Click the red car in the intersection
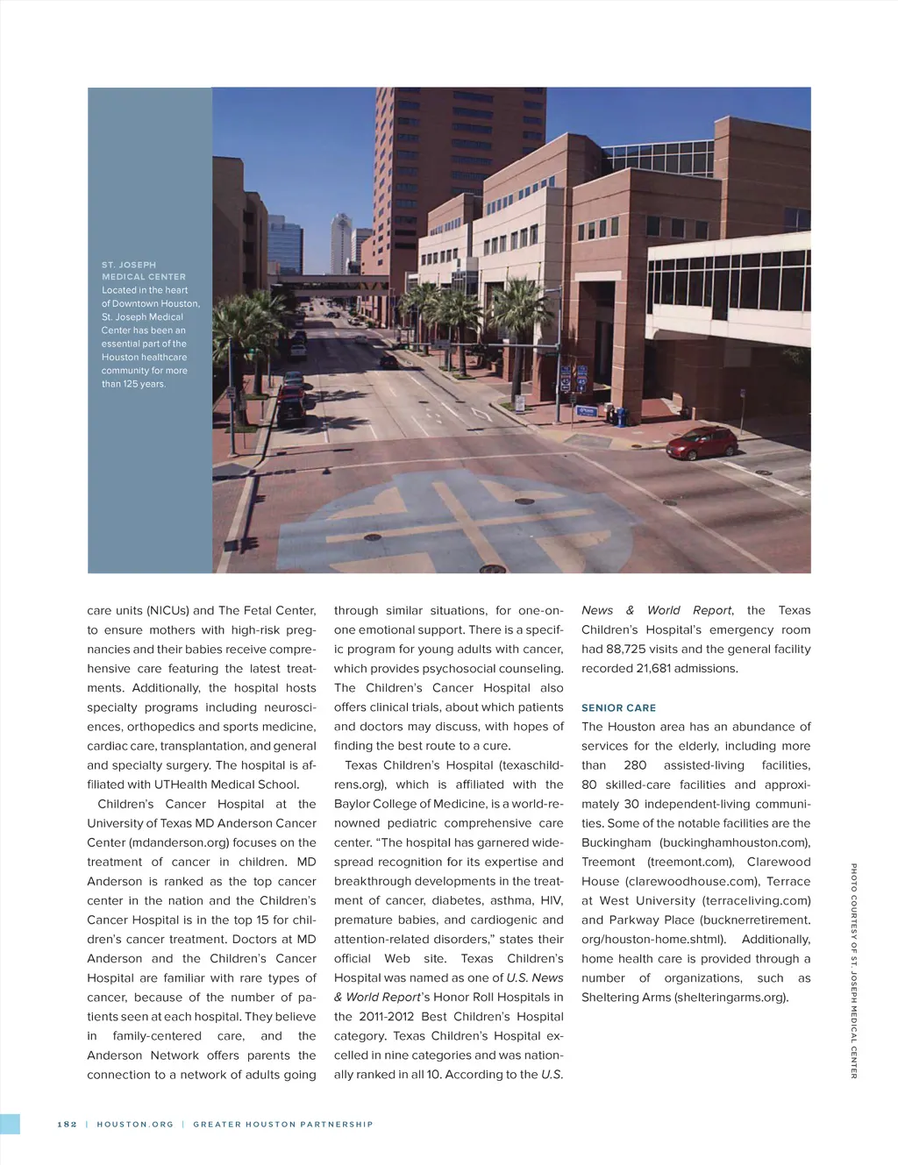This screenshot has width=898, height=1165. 702,443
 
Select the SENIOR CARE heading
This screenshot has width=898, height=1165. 618,707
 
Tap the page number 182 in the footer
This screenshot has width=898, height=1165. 68,1124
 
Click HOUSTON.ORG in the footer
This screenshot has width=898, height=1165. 135,1124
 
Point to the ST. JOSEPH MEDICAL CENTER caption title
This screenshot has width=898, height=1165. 144,270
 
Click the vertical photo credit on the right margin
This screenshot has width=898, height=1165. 853,970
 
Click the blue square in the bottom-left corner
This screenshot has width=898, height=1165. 10,1124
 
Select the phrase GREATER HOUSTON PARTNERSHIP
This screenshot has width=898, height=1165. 282,1124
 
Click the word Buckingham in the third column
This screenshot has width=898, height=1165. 616,842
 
